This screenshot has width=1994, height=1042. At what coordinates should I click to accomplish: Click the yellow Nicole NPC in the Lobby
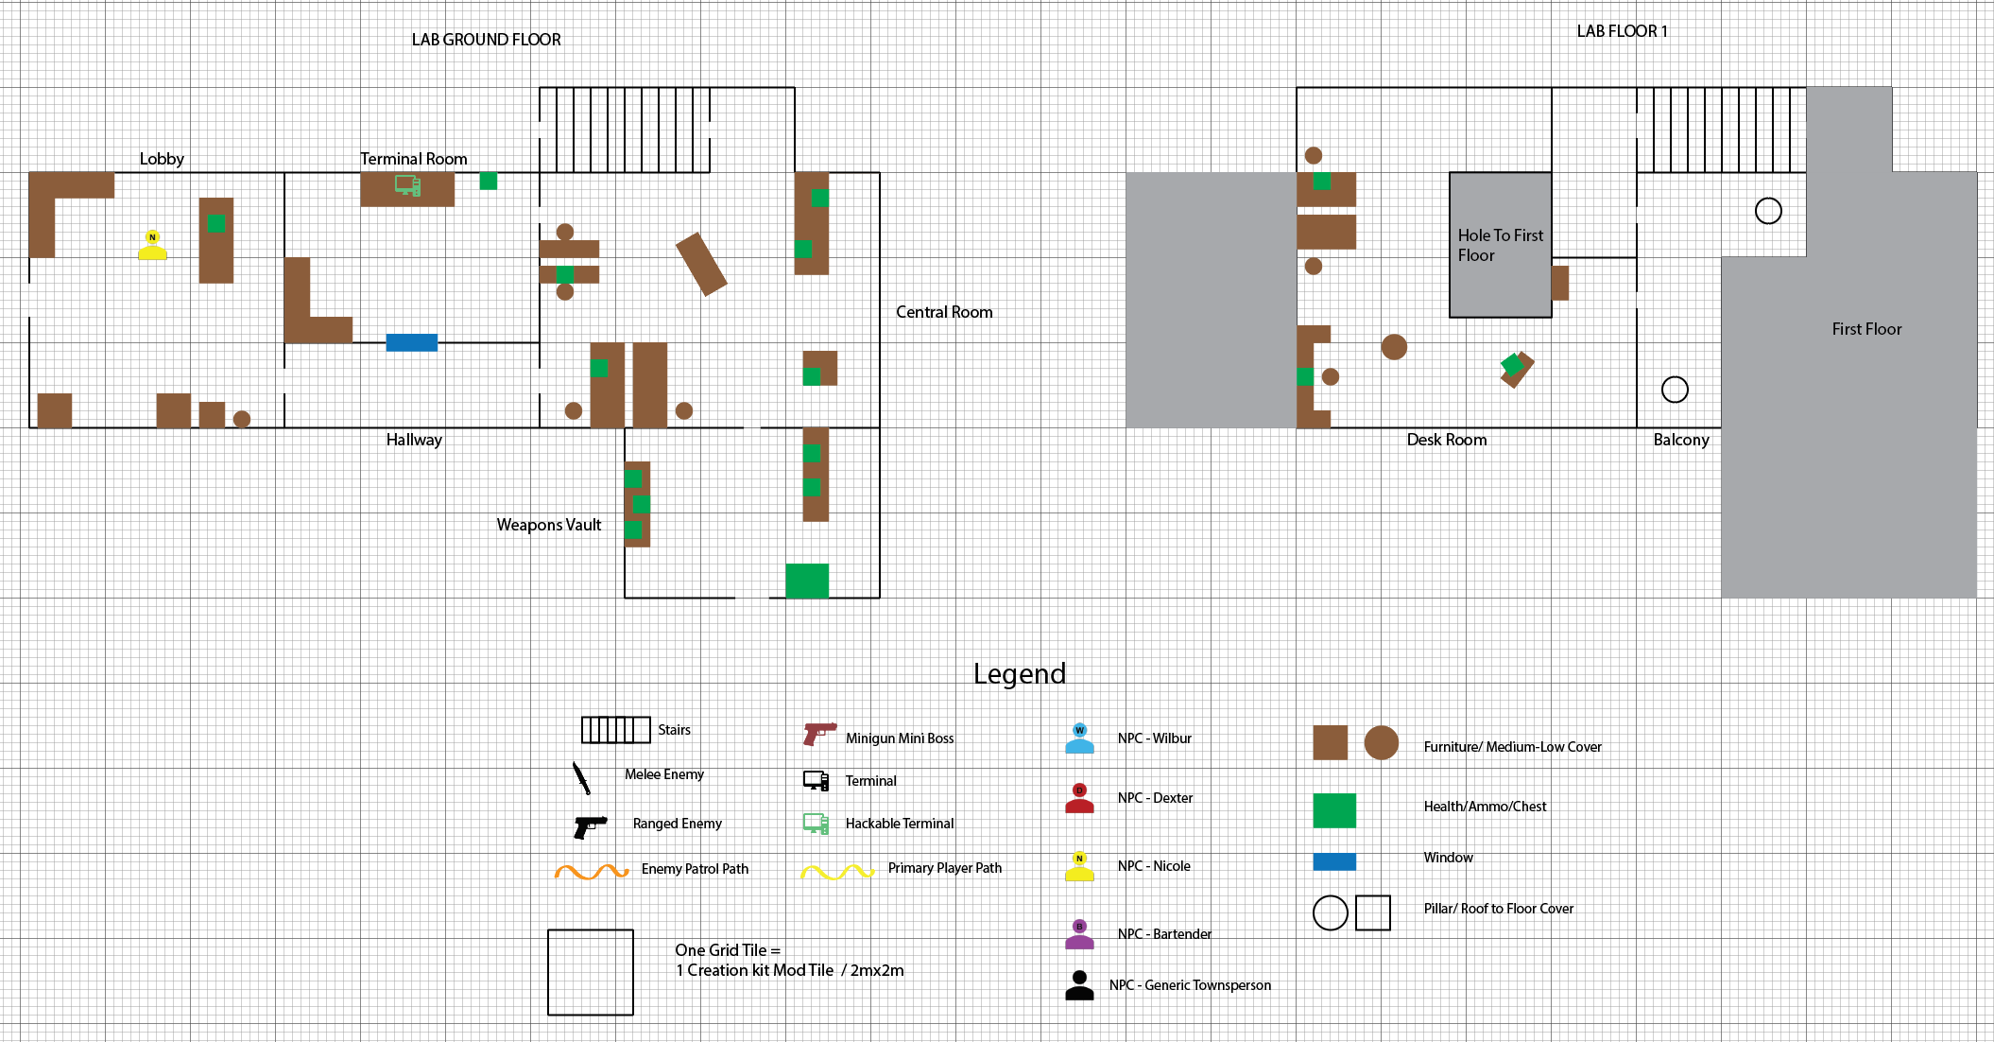click(152, 246)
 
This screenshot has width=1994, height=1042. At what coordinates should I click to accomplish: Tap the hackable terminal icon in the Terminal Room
click(407, 185)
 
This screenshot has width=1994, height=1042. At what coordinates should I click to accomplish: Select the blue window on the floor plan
click(412, 342)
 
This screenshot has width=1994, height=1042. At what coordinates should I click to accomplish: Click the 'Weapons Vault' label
click(548, 525)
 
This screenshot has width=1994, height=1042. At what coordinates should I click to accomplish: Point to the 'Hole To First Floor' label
click(1500, 245)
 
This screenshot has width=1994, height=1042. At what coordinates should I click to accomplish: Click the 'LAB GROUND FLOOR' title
click(486, 40)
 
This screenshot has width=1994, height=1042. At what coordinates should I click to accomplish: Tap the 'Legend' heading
click(1019, 673)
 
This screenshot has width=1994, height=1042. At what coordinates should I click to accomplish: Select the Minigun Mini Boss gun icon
click(818, 734)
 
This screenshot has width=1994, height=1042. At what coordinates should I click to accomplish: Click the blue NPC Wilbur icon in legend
click(1079, 738)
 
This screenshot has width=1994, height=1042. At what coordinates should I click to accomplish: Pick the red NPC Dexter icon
click(1079, 798)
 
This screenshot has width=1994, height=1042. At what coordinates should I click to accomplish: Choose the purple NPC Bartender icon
click(1079, 934)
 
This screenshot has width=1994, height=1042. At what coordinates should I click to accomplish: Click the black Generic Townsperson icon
click(1079, 985)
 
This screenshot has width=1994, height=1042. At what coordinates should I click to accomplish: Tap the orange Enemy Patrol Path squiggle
click(592, 871)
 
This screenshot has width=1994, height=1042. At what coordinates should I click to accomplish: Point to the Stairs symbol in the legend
click(615, 730)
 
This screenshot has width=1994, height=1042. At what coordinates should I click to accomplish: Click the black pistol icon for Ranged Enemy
click(590, 825)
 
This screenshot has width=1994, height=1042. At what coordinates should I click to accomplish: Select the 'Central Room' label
click(944, 312)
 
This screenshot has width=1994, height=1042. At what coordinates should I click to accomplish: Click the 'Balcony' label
click(1680, 440)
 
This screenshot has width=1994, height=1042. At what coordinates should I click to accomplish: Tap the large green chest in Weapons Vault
click(807, 581)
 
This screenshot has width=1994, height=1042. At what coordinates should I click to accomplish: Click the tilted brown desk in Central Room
click(701, 264)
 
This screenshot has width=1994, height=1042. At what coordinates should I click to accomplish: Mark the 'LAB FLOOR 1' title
click(1622, 31)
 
